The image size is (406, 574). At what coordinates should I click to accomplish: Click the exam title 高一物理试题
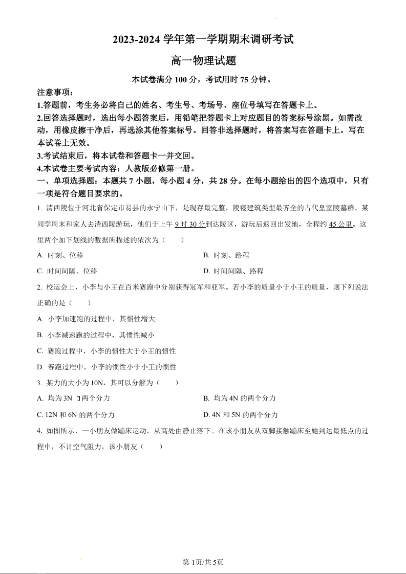tap(203, 60)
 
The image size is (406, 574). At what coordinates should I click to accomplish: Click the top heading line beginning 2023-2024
tap(203, 39)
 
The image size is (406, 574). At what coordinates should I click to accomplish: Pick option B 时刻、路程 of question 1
tap(226, 255)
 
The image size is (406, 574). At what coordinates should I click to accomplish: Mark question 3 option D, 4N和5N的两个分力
tap(241, 414)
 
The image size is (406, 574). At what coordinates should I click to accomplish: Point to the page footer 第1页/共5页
tap(203, 562)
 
